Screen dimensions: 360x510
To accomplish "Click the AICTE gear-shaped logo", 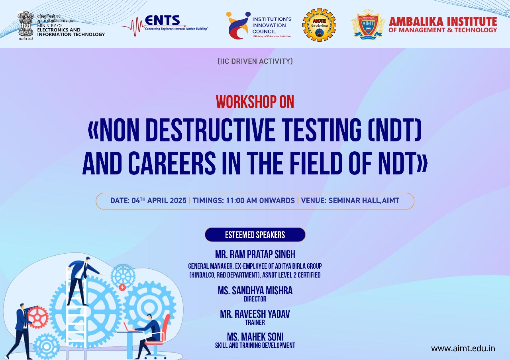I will point(319,25).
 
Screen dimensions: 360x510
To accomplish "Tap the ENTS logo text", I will point(166,20).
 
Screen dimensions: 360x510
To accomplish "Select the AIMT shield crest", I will point(368,25).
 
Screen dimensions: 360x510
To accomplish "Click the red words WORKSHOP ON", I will point(255,102).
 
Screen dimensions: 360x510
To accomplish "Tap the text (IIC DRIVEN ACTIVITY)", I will point(255,61).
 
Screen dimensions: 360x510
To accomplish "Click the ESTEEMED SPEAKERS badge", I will point(255,235).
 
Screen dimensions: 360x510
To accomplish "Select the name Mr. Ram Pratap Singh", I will point(255,254).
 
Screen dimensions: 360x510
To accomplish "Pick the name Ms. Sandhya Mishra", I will point(255,291).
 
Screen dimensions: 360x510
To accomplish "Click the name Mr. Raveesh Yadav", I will point(255,314).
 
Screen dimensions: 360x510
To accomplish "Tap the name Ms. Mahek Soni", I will point(255,337).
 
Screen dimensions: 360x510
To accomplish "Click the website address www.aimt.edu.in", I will point(463,348).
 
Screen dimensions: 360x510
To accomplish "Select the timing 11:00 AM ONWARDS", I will point(243,201).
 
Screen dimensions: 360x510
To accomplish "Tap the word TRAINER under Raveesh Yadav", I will point(255,323).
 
